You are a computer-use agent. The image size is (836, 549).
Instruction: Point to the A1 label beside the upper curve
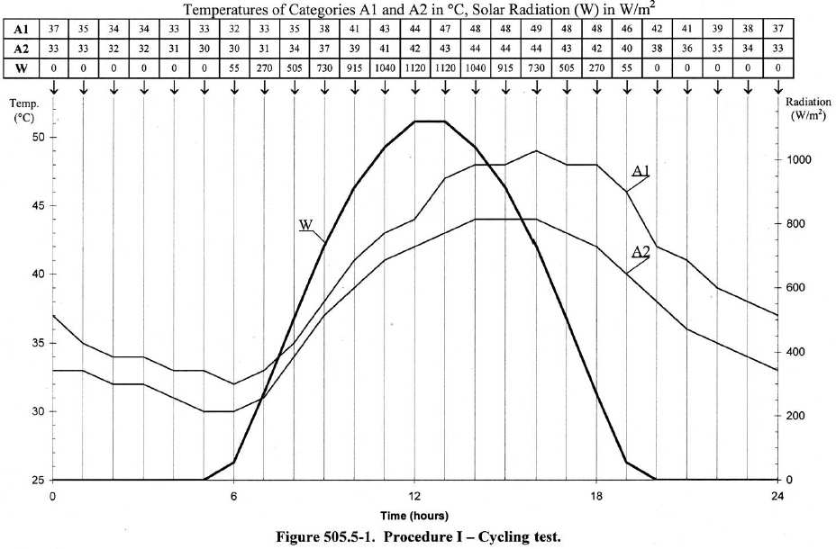pos(641,170)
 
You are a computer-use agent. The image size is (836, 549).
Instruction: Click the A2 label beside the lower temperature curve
pos(641,253)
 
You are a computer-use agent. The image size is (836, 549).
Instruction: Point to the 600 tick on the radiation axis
pos(795,288)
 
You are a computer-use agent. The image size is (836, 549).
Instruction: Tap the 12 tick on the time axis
pos(414,496)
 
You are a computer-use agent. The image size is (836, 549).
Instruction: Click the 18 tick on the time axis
pos(595,496)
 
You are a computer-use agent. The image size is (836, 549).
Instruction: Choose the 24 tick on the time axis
pos(777,496)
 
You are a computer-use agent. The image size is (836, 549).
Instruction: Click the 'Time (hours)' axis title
pos(414,516)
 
